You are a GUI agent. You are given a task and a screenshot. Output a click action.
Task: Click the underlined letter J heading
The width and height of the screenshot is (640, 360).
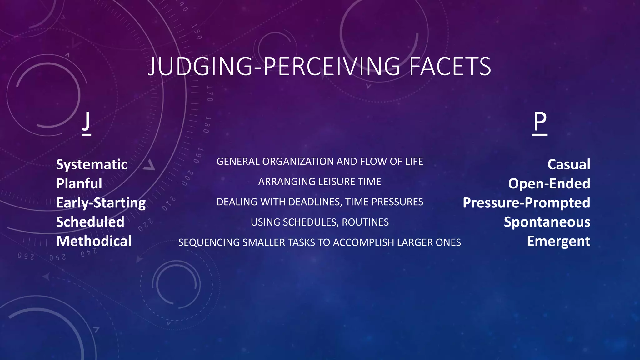(87, 122)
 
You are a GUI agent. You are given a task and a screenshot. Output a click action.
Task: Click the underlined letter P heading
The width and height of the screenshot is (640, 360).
(540, 122)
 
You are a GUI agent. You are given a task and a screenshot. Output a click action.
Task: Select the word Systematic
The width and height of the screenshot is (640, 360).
(92, 164)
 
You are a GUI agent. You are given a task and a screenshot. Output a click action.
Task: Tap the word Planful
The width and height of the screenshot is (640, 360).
(79, 183)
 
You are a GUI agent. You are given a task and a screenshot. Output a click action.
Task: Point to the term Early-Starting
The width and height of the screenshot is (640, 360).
(101, 203)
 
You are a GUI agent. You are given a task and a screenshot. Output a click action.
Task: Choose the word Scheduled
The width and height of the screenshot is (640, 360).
(90, 222)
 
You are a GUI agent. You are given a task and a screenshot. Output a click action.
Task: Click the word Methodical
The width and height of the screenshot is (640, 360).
(94, 241)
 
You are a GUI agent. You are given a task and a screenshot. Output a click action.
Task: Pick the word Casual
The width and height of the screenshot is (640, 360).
(569, 164)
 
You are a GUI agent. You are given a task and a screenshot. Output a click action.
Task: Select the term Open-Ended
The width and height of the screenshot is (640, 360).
(549, 183)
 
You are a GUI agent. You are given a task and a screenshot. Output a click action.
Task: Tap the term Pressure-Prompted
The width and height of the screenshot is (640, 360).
(526, 203)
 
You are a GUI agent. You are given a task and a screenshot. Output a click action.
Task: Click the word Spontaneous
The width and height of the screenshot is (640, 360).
(547, 222)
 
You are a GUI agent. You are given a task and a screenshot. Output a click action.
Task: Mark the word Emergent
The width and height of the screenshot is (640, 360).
(558, 241)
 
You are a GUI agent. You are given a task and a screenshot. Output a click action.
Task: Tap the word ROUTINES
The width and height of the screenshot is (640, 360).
(365, 222)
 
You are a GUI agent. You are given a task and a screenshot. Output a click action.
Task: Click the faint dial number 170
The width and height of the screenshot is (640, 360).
(210, 93)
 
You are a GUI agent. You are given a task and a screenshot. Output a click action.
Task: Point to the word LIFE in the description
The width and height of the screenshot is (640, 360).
(414, 162)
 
